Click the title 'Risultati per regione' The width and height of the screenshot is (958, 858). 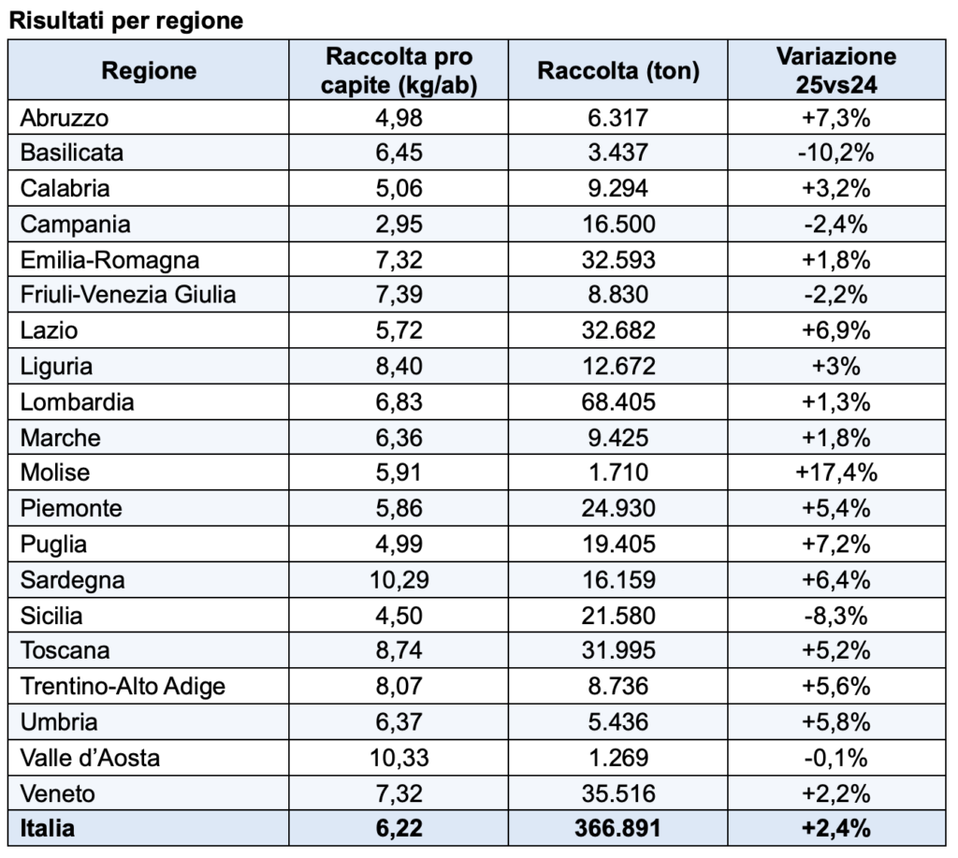coord(125,21)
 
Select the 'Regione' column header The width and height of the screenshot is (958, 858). coord(149,70)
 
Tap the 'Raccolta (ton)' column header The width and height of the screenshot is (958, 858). coord(618,70)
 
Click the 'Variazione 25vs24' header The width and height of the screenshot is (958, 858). coord(835,70)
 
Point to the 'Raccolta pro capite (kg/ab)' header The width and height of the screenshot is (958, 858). coord(400,70)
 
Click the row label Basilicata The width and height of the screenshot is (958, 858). coord(72,153)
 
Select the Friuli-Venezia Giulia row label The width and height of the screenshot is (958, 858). coord(128,295)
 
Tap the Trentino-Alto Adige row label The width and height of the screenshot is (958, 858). coord(123,686)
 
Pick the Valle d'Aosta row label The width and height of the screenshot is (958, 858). coord(90,757)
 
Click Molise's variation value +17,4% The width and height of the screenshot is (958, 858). coord(835,473)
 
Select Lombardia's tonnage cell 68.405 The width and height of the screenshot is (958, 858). coord(618,401)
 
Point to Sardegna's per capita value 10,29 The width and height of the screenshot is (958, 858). coord(400,579)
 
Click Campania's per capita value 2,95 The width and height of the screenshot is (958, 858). coord(400,224)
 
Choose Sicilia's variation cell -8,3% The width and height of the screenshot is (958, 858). coord(835,615)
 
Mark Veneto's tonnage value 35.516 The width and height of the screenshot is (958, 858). coord(618,793)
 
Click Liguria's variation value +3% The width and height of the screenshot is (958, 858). coord(835,366)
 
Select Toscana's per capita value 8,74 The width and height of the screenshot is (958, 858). coord(400,650)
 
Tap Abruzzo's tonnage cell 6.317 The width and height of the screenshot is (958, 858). coord(618,117)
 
